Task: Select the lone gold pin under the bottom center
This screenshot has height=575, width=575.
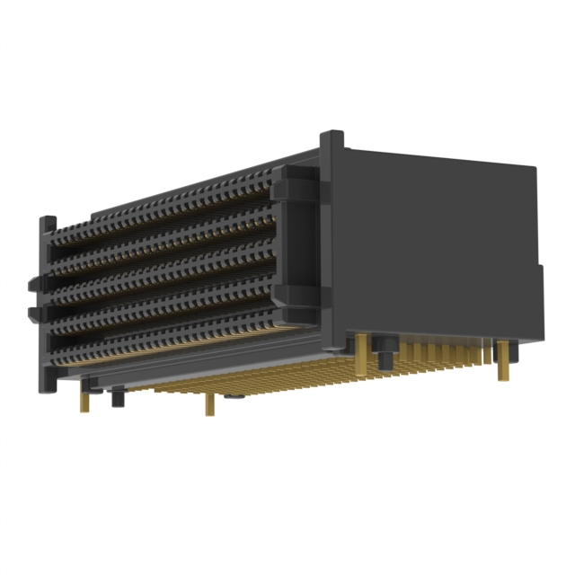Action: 209,405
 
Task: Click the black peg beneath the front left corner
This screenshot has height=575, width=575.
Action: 117,396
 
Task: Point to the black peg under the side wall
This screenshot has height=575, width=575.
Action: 383,355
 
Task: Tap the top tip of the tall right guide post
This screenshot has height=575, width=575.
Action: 332,137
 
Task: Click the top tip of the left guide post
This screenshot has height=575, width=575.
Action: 48,219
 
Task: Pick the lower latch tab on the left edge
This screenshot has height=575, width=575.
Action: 34,313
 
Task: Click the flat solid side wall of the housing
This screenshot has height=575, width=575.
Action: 431,243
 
